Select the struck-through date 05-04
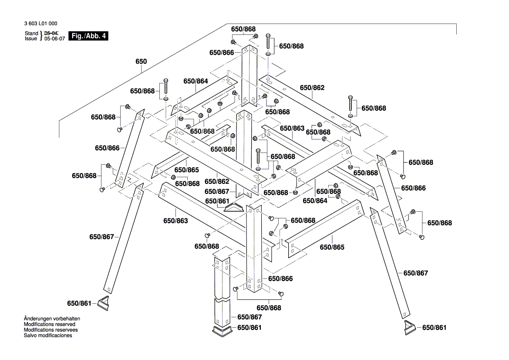51,33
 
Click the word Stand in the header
31,33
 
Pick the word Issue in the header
31,39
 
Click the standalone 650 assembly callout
141,62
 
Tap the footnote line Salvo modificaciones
47,335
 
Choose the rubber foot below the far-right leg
410,327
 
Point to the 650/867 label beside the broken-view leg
249,317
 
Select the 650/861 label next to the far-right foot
434,328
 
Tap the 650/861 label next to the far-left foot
79,303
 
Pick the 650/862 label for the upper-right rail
312,88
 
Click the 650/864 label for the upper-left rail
196,81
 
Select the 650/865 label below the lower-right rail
332,247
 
